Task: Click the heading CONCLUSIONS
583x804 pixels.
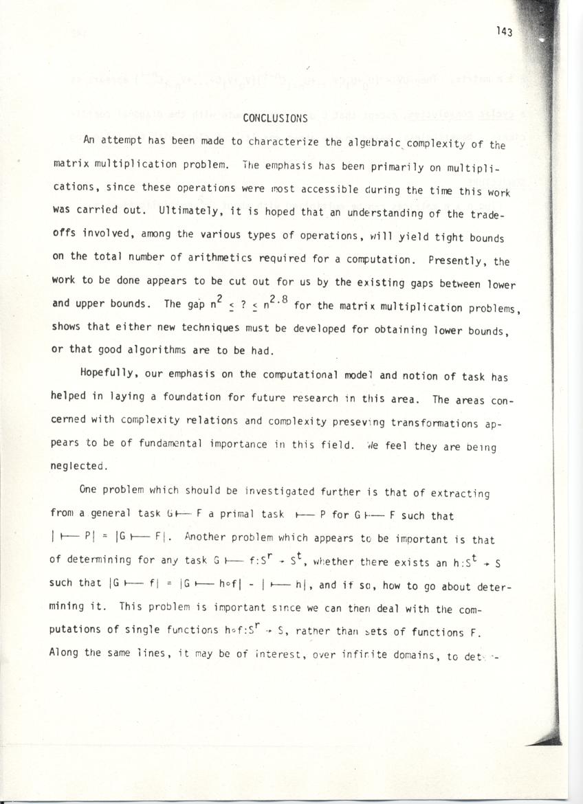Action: click(x=275, y=118)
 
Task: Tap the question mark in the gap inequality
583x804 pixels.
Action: click(x=234, y=305)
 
